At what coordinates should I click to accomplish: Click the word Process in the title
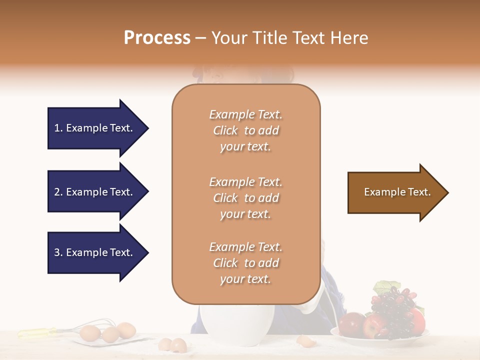pyautogui.click(x=157, y=38)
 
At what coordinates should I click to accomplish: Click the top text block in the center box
pyautogui.click(x=245, y=130)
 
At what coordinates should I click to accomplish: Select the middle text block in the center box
pyautogui.click(x=245, y=198)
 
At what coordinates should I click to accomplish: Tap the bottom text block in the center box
pyautogui.click(x=245, y=263)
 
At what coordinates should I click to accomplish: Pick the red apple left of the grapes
pyautogui.click(x=351, y=323)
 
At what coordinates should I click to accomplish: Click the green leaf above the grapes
pyautogui.click(x=383, y=287)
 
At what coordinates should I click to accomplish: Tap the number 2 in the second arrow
pyautogui.click(x=57, y=192)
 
